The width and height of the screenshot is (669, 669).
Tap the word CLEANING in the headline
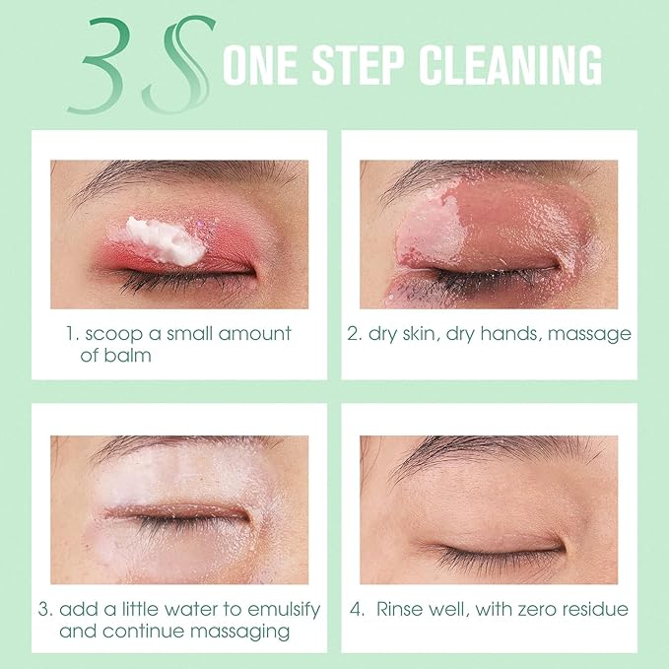coord(510,65)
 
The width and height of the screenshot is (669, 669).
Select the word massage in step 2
coord(589,334)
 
